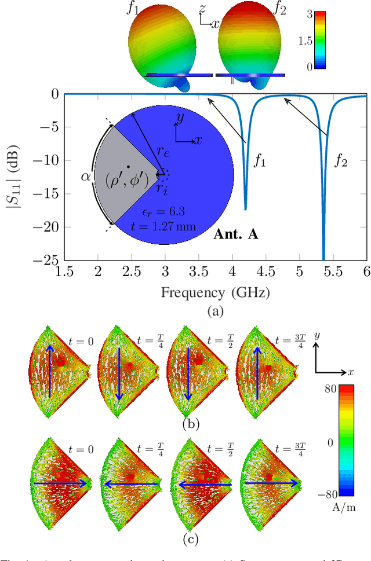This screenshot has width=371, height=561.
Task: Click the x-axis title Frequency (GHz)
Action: pos(215,292)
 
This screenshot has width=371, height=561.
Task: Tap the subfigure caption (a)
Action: pos(215,311)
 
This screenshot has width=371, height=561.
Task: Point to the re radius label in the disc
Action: pos(163,152)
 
